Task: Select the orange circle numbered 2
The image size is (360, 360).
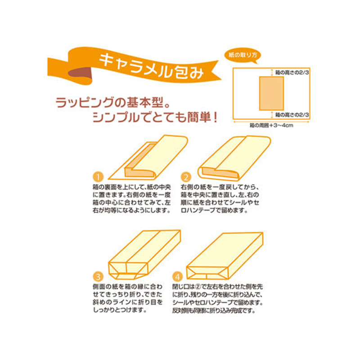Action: tap(186, 176)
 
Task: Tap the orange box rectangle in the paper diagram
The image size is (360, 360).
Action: tap(271, 93)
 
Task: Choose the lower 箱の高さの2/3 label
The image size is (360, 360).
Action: tap(292, 115)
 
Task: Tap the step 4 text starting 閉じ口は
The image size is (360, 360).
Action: tap(220, 299)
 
